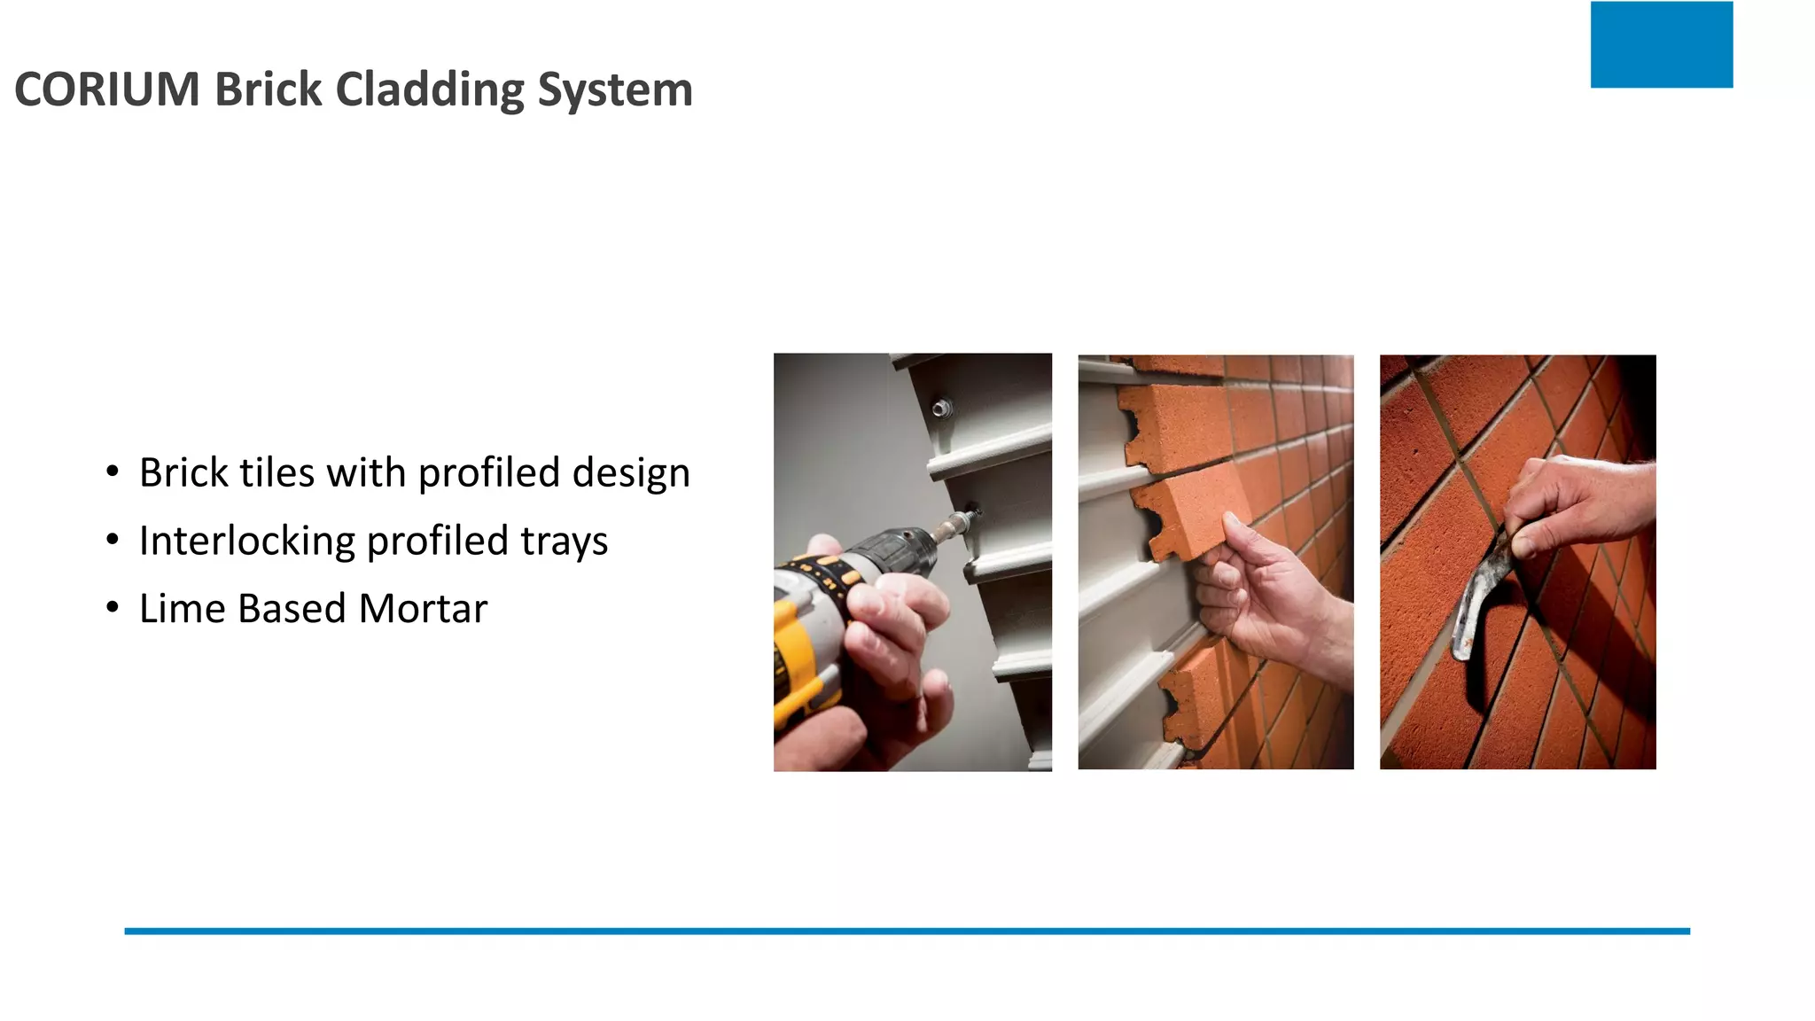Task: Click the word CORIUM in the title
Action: pyautogui.click(x=107, y=90)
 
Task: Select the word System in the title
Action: pyautogui.click(x=615, y=90)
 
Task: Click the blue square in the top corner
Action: pyautogui.click(x=1661, y=44)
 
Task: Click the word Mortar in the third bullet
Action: pyautogui.click(x=423, y=609)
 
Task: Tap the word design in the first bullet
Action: pyautogui.click(x=631, y=473)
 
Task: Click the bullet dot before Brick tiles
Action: pyautogui.click(x=112, y=472)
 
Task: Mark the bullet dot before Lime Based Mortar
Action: pyautogui.click(x=112, y=608)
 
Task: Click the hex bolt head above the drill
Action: pyautogui.click(x=941, y=408)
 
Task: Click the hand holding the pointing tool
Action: pyautogui.click(x=1577, y=505)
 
